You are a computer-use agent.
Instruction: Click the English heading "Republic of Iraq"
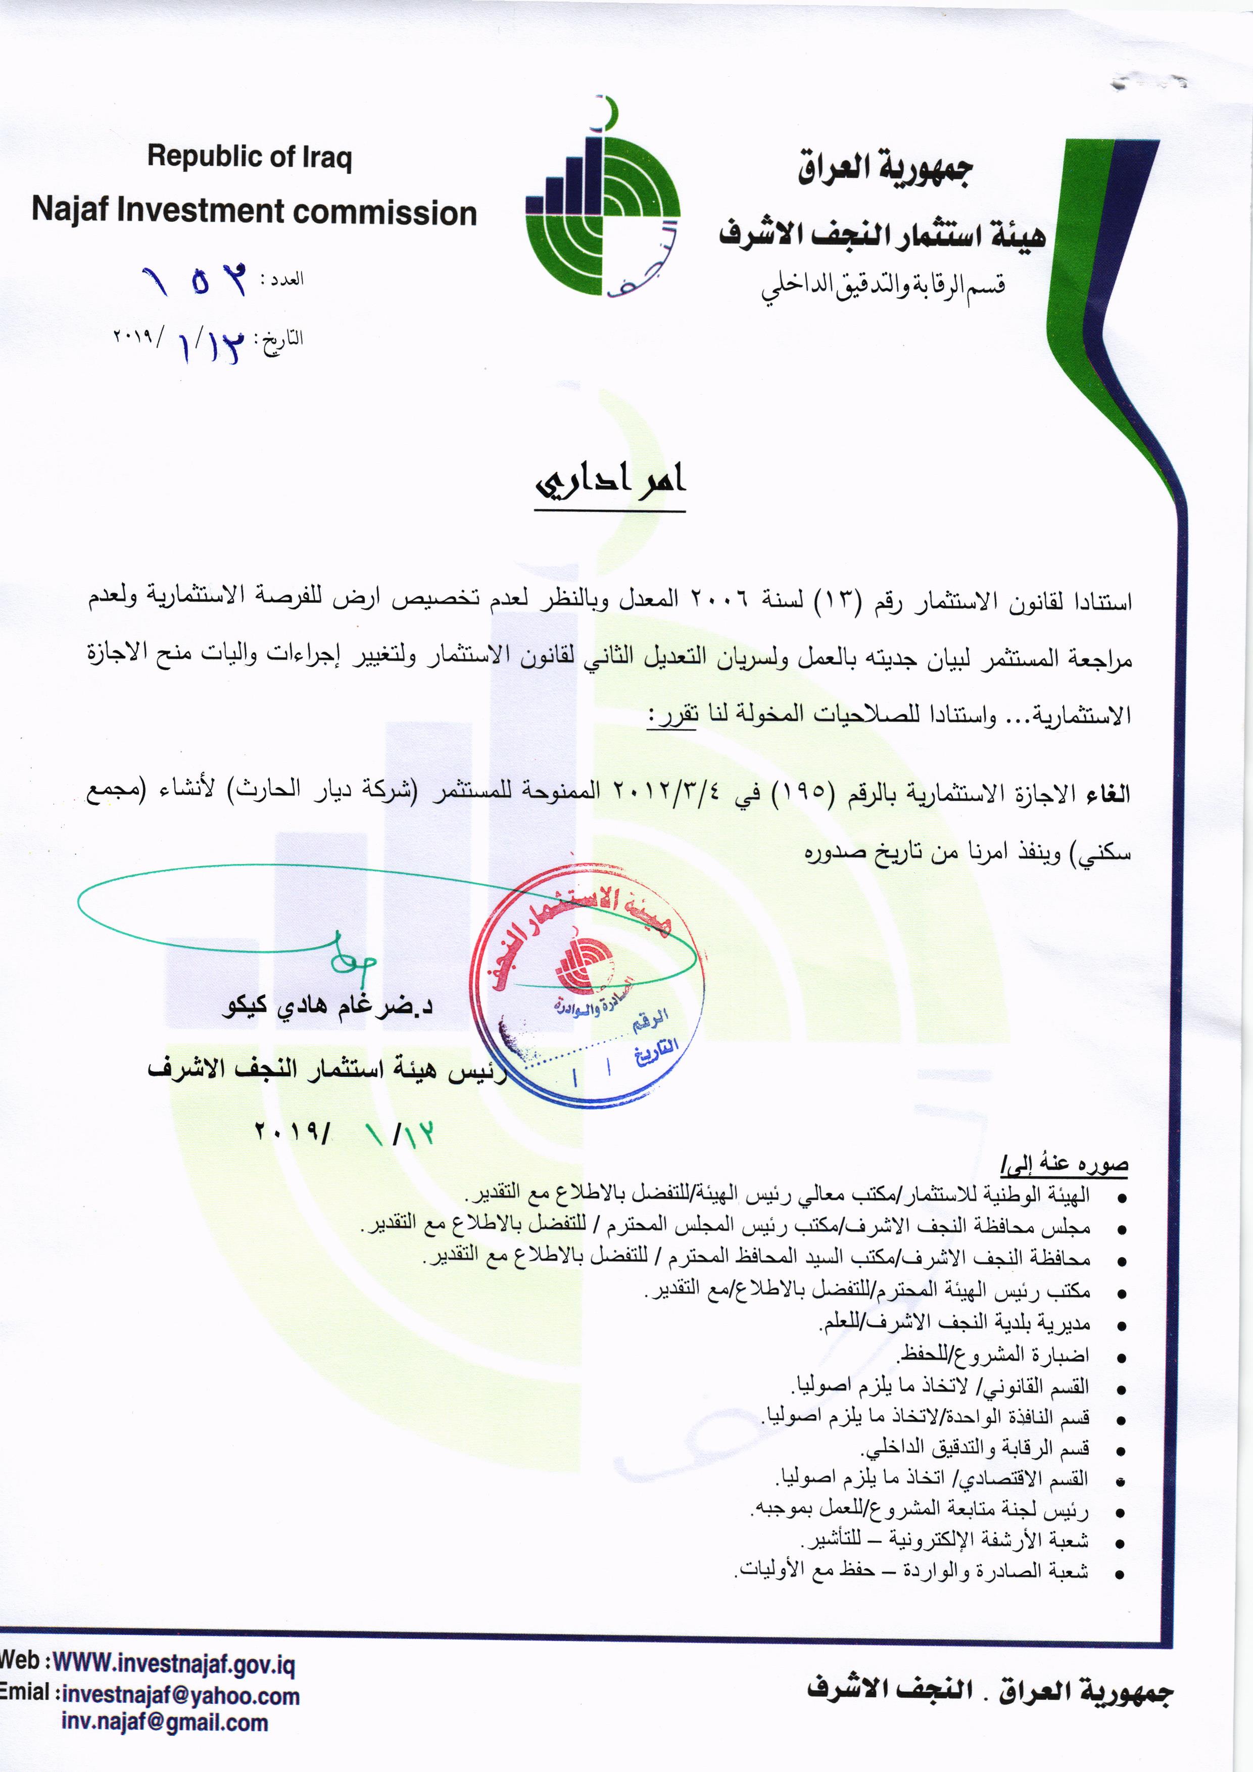[x=249, y=158]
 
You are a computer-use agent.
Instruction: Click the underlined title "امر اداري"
[x=610, y=481]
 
